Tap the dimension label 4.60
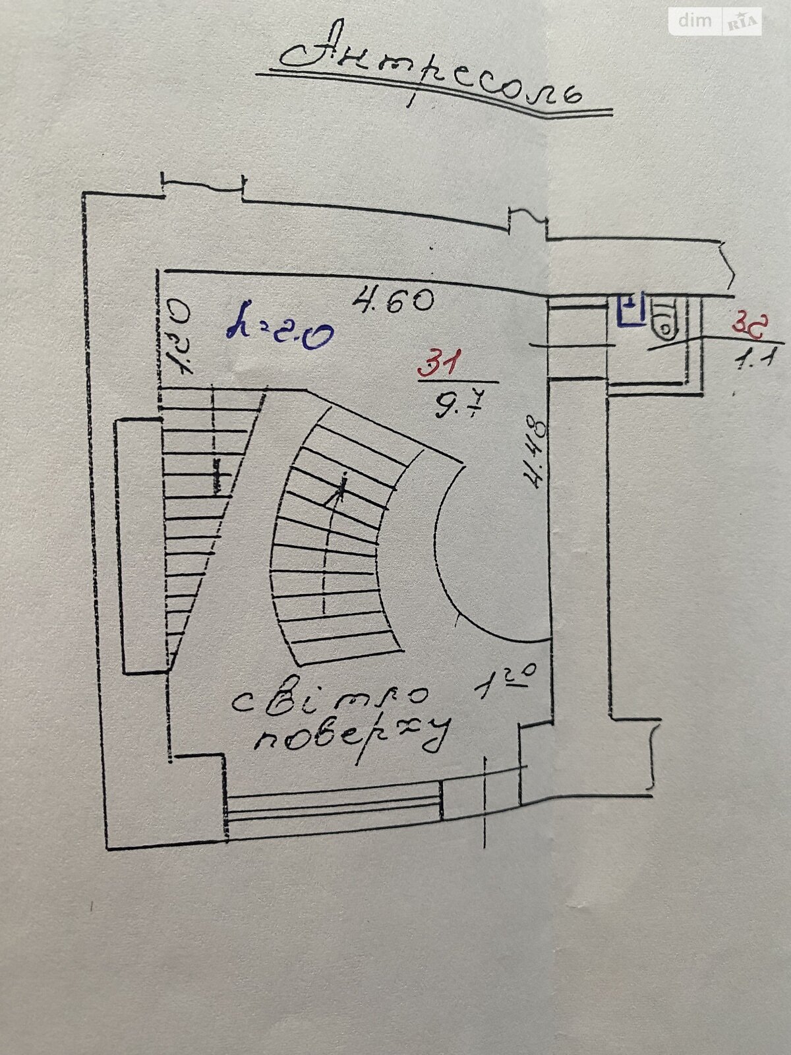[x=394, y=301]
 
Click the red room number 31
[x=439, y=363]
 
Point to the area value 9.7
[x=454, y=403]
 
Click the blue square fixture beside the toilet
[x=631, y=309]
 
